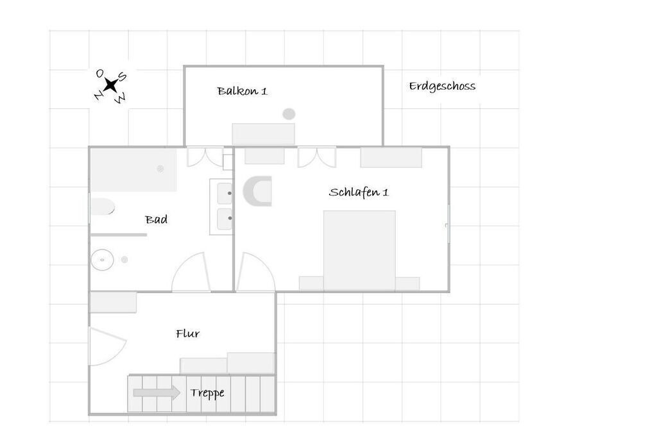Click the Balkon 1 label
click(x=242, y=91)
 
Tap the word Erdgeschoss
click(x=442, y=86)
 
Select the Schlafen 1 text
click(x=359, y=192)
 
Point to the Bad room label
click(x=157, y=219)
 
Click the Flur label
click(x=188, y=333)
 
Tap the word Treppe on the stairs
click(x=207, y=392)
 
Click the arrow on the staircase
click(x=157, y=392)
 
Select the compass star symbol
click(x=110, y=85)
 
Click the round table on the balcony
click(x=289, y=114)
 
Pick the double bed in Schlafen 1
click(x=359, y=250)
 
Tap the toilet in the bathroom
click(x=102, y=207)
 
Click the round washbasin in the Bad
click(x=102, y=260)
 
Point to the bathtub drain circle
click(x=160, y=169)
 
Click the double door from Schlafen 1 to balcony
click(x=317, y=157)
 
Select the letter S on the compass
click(x=123, y=76)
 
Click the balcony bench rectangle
click(x=264, y=134)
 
